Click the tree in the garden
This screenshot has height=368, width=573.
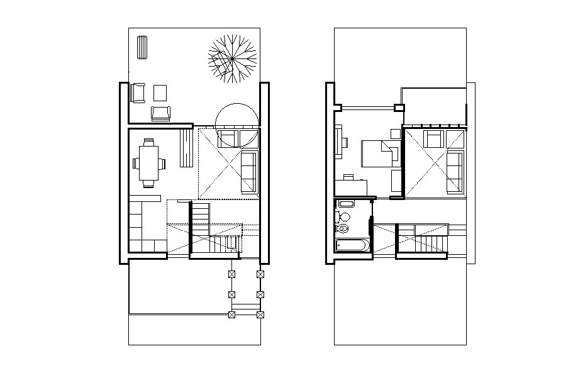[233, 59]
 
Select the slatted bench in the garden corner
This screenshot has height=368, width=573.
[142, 47]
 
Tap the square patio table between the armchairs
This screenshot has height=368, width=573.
[160, 93]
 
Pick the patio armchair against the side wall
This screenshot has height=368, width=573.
[138, 93]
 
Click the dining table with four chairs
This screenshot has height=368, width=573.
[149, 163]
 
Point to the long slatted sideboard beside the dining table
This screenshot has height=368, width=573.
[187, 148]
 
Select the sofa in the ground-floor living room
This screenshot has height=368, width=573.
[249, 172]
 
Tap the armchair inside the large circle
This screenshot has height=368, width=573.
[228, 137]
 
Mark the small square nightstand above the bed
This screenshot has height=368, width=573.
[396, 133]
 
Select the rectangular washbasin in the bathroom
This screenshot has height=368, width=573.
[345, 204]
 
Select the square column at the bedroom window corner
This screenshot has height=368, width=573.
[398, 108]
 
